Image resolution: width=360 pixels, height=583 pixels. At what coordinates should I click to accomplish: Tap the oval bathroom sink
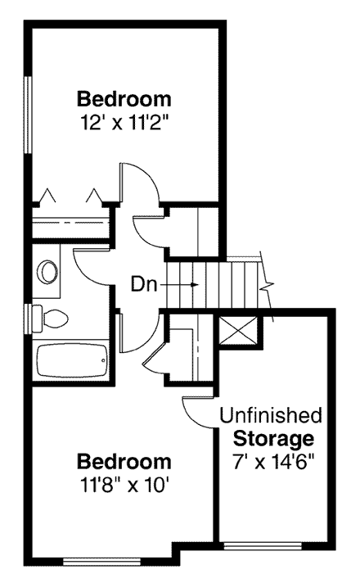tap(49, 271)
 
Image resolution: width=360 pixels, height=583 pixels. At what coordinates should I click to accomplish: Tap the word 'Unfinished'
tap(271, 415)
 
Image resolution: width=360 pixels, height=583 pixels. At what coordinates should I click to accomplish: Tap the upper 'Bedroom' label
tap(124, 100)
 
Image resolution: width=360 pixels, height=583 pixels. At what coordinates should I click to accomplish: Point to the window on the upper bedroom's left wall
tap(29, 115)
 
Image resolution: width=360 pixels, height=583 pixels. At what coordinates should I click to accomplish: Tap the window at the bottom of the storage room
tap(263, 545)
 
